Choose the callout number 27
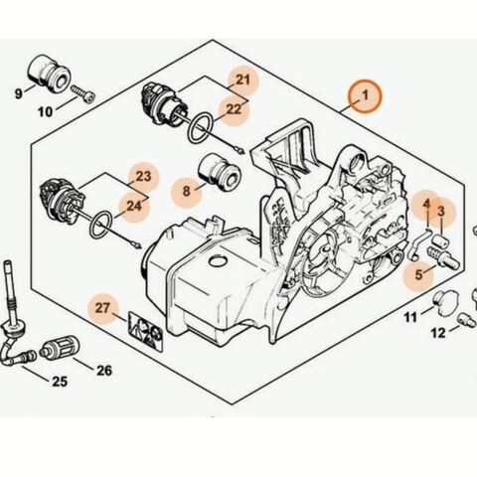coord(102,309)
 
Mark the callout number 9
coord(17,94)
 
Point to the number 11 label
coord(410,317)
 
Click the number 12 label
coord(437,334)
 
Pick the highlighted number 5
coord(419,272)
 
